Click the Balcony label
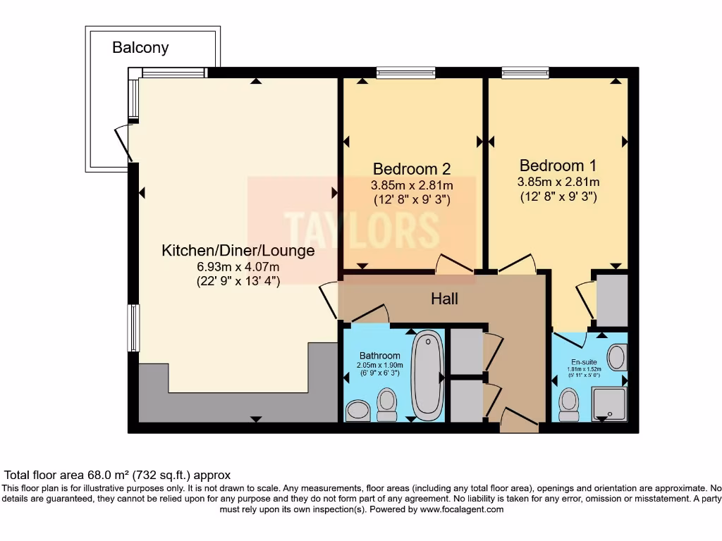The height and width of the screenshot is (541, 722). pyautogui.click(x=140, y=47)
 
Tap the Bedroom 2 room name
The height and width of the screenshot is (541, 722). pyautogui.click(x=412, y=169)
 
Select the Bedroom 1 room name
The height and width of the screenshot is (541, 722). pyautogui.click(x=558, y=165)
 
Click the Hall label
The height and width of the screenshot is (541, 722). pyautogui.click(x=444, y=299)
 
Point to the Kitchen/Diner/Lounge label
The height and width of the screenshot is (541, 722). pyautogui.click(x=238, y=251)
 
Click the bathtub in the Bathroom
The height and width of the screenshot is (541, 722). pyautogui.click(x=428, y=375)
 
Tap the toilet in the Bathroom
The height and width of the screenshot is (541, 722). pyautogui.click(x=387, y=405)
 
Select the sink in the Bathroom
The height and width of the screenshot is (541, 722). pyautogui.click(x=357, y=411)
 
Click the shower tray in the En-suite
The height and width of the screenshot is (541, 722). pyautogui.click(x=608, y=404)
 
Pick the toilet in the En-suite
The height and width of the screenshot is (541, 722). pyautogui.click(x=569, y=405)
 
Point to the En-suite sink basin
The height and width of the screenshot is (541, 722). pyautogui.click(x=617, y=357)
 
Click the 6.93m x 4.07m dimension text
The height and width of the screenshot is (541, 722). pyautogui.click(x=238, y=266)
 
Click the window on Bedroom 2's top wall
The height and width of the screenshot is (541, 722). pyautogui.click(x=405, y=73)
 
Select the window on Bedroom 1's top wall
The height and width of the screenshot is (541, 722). pyautogui.click(x=525, y=73)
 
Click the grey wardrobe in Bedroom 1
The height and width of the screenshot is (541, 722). pyautogui.click(x=612, y=300)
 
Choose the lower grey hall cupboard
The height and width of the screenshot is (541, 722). pyautogui.click(x=467, y=401)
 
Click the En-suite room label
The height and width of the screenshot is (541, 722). pyautogui.click(x=584, y=362)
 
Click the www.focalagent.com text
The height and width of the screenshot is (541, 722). pyautogui.click(x=461, y=509)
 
